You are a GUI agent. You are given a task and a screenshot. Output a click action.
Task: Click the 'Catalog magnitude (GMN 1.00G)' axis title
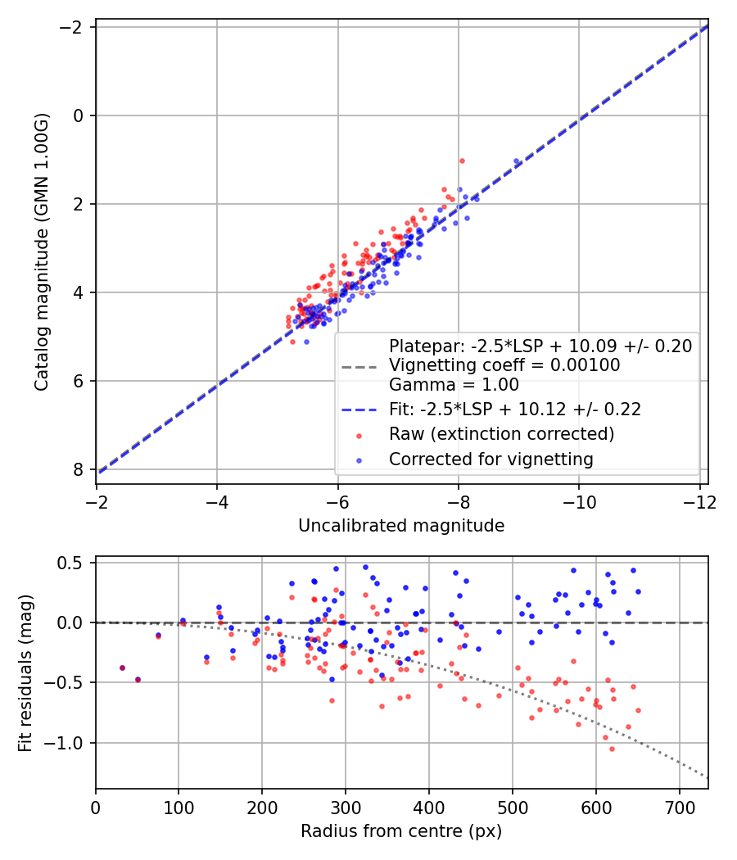(42, 252)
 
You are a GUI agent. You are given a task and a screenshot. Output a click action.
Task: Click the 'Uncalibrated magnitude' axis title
(401, 526)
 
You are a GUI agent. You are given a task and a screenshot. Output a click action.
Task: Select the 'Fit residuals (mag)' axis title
(25, 673)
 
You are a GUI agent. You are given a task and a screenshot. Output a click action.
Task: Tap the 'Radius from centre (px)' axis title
(401, 831)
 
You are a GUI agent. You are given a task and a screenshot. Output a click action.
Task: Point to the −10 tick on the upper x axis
(579, 502)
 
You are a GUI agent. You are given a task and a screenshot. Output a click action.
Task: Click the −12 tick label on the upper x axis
(699, 502)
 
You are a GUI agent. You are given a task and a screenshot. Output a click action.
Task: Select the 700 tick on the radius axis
(680, 808)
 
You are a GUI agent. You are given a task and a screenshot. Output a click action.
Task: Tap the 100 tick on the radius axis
(179, 808)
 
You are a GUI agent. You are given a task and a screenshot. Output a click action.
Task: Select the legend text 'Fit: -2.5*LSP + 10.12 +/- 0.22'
(515, 410)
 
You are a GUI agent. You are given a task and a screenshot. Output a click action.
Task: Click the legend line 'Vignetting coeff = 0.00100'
(504, 365)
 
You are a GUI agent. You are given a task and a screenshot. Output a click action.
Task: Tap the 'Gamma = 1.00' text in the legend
(454, 384)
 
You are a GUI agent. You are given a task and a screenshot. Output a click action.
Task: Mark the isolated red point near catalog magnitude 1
(463, 161)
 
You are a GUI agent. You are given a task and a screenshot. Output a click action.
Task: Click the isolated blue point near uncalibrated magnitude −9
(516, 161)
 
